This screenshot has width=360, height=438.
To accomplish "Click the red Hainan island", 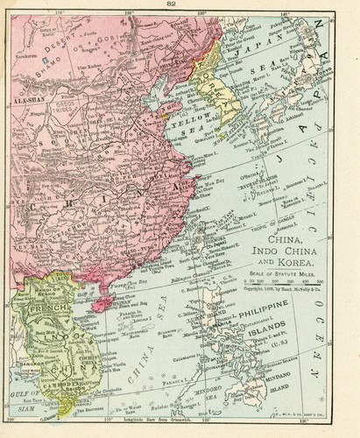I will (102, 302).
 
